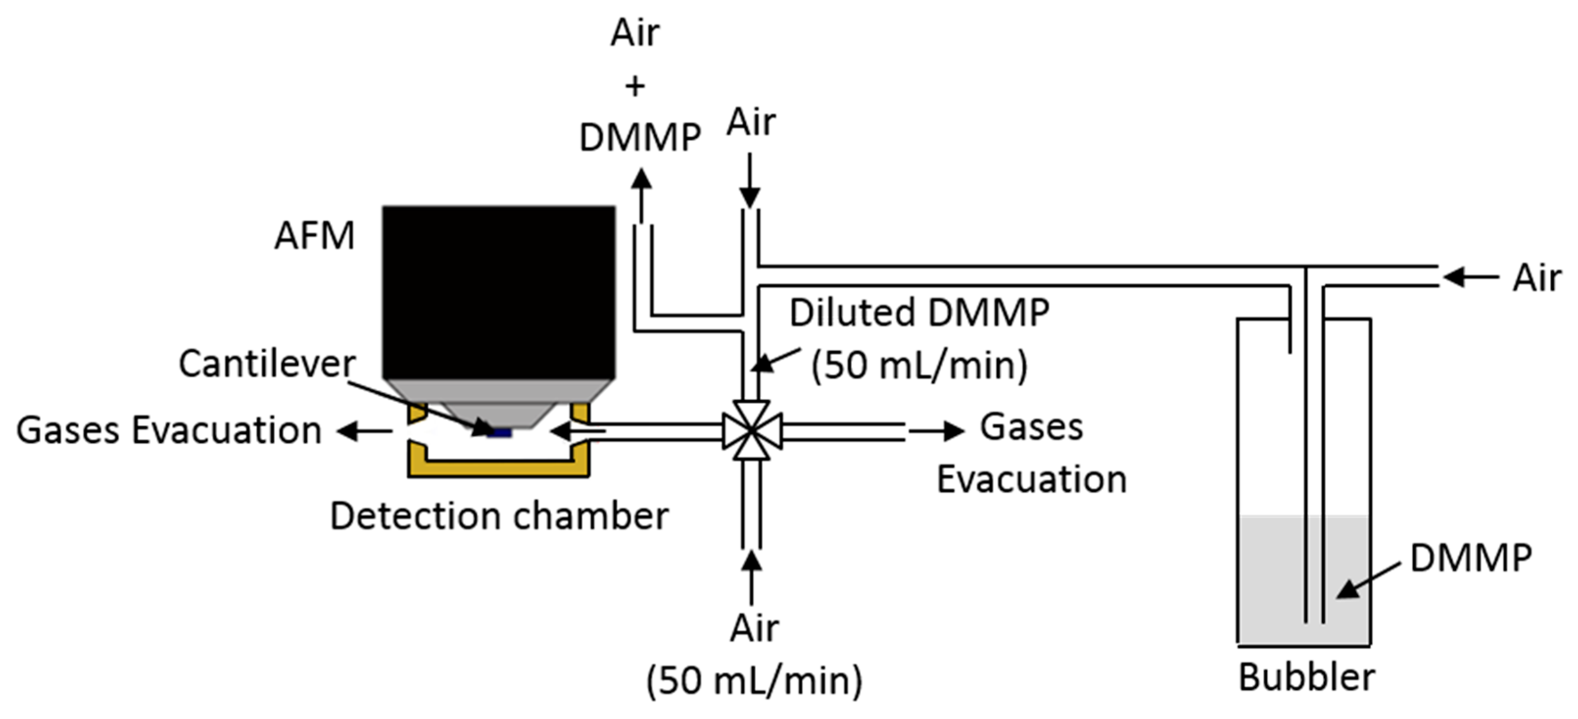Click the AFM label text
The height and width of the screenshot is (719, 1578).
314,236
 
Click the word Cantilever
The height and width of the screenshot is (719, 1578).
267,364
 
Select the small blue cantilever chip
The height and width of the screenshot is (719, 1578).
500,433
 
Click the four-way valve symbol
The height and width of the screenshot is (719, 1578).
752,431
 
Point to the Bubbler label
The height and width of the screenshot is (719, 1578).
1306,678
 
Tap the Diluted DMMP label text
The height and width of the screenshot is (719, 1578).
919,313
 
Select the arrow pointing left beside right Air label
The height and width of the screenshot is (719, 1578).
1470,278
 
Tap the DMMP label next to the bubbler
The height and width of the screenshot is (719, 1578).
1470,558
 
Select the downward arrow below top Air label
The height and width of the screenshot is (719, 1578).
750,181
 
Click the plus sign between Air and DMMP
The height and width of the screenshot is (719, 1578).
635,86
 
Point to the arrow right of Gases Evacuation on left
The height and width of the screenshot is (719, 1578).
364,431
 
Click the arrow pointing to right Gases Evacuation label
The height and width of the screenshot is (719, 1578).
936,431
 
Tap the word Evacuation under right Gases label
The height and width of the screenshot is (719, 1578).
1032,480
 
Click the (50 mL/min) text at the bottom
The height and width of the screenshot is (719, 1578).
754,681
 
